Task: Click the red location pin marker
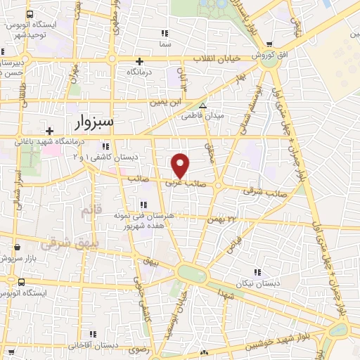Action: pyautogui.click(x=181, y=165)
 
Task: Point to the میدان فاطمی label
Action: pyautogui.click(x=204, y=115)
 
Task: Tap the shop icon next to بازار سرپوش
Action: pyautogui.click(x=17, y=248)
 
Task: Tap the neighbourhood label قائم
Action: pyautogui.click(x=91, y=210)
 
